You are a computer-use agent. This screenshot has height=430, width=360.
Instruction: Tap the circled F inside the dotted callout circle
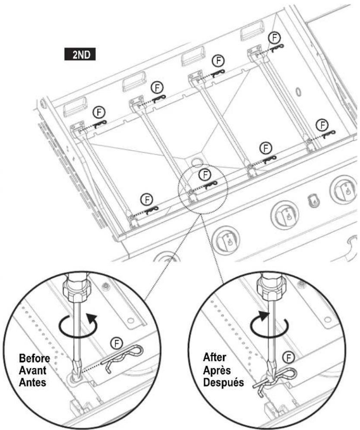pyautogui.click(x=206, y=174)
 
